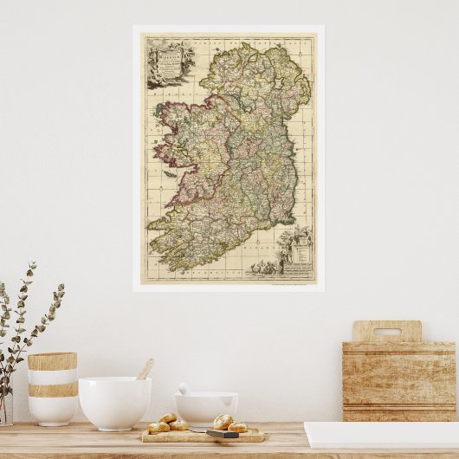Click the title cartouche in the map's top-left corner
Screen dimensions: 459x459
[x=170, y=61]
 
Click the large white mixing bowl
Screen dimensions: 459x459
[x=114, y=402]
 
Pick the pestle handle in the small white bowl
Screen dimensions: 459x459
[x=184, y=389]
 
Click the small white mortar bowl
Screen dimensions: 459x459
[x=206, y=408]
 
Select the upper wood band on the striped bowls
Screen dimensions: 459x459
[x=52, y=361]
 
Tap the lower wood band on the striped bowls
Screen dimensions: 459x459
[x=52, y=390]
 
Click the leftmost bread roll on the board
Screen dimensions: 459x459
[x=158, y=427]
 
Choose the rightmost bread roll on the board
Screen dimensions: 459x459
[x=237, y=427]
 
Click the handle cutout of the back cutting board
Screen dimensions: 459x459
[x=387, y=332]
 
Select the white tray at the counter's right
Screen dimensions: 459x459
[x=381, y=434]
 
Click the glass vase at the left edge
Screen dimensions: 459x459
[x=5, y=407]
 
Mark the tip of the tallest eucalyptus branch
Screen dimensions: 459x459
[x=34, y=264]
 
